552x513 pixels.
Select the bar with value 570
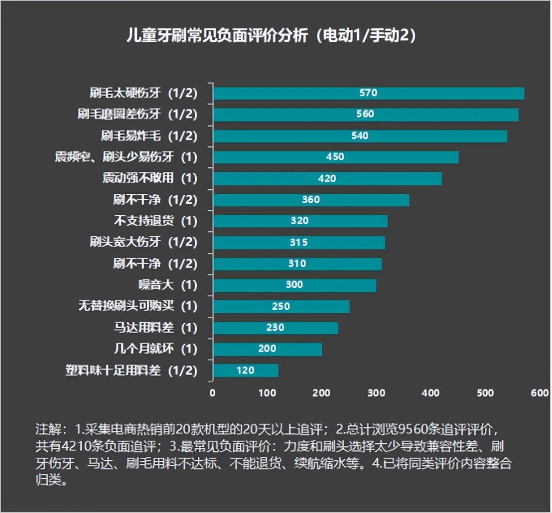coord(369,93)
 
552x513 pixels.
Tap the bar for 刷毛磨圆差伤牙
coord(366,115)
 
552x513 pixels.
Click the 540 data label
coord(360,136)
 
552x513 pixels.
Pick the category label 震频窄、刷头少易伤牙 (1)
coord(126,157)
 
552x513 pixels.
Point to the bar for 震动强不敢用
coord(327,178)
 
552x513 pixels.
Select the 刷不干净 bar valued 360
coord(311,200)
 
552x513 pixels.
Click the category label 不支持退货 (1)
coord(155,221)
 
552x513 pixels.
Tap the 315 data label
coord(299,243)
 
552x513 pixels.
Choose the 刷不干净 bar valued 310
coord(297,263)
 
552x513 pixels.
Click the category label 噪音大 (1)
coord(167,285)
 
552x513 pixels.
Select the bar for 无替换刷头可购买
coord(281,306)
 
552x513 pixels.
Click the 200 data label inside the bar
coord(267,349)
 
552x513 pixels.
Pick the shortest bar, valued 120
coord(246,370)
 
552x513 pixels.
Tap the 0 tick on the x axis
coord(213,393)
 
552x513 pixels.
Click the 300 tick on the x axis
coord(377,393)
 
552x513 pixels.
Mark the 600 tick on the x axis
coord(540,393)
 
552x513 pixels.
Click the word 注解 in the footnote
coord(47,429)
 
